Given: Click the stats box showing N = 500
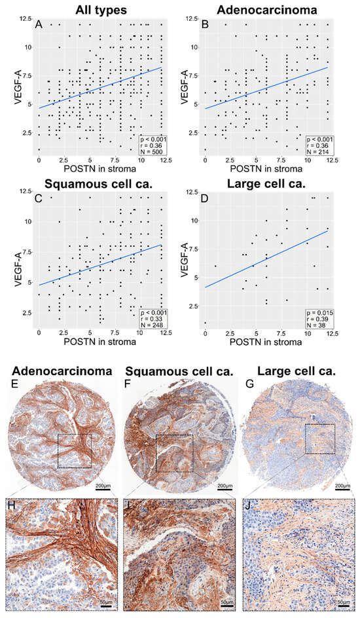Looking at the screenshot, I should pyautogui.click(x=156, y=145).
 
